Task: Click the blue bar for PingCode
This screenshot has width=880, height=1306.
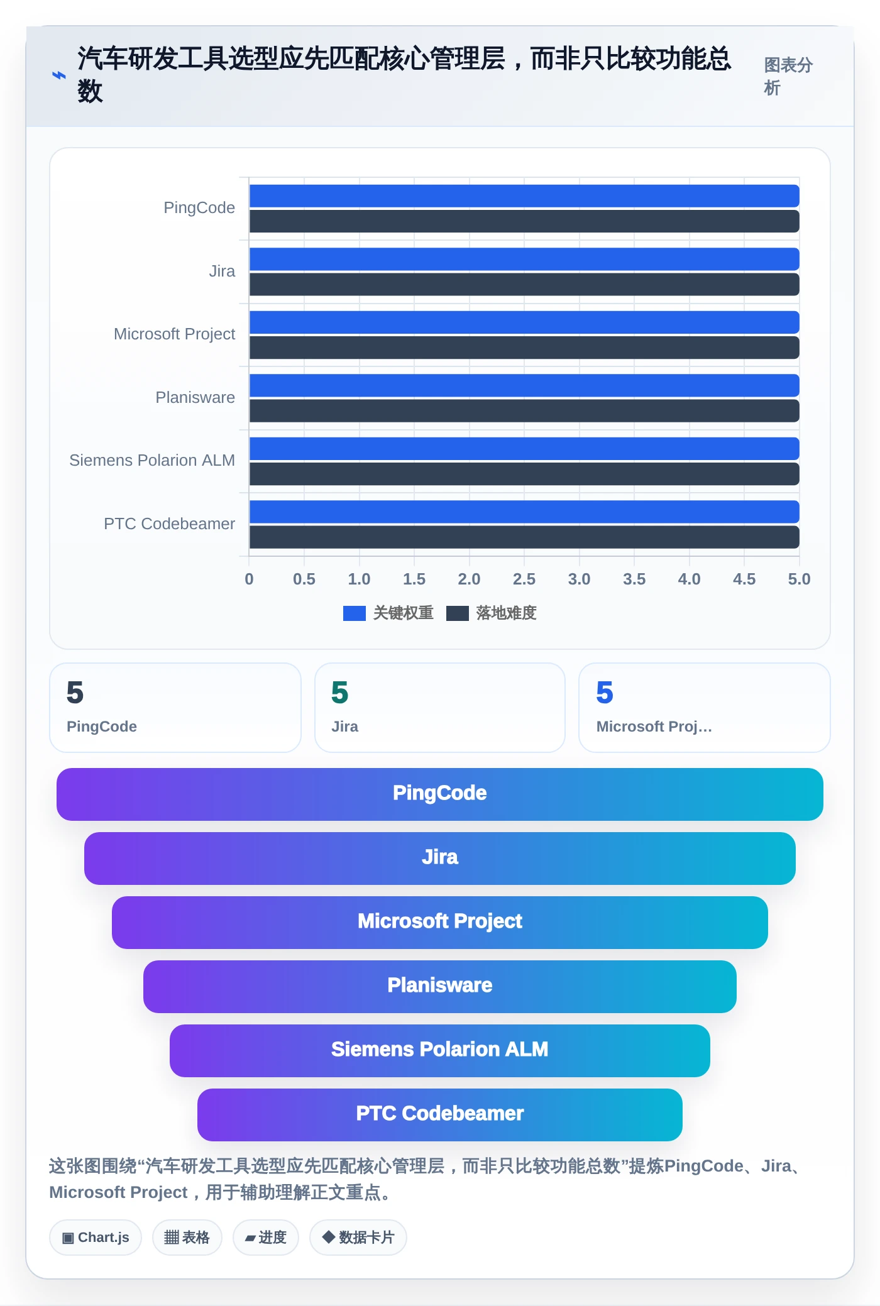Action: click(524, 196)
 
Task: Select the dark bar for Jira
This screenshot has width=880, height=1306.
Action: click(524, 284)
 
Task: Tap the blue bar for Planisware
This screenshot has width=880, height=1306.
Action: click(524, 385)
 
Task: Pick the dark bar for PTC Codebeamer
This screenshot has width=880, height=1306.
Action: click(524, 537)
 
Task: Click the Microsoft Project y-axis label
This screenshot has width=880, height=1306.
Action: click(174, 334)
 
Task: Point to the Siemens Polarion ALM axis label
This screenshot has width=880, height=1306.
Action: click(152, 461)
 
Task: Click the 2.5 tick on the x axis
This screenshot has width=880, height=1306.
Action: click(524, 579)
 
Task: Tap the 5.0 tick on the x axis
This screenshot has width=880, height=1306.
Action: click(799, 579)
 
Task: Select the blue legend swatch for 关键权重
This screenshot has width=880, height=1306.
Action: click(355, 613)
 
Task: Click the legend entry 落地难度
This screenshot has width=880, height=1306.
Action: click(492, 613)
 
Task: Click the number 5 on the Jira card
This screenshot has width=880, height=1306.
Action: click(340, 693)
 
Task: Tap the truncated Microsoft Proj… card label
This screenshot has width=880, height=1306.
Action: click(654, 727)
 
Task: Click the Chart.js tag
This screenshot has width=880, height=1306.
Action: click(96, 1237)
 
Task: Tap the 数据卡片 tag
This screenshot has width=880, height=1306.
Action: click(358, 1237)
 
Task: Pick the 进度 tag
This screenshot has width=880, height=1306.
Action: click(266, 1237)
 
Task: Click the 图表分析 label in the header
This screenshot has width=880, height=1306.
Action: click(788, 77)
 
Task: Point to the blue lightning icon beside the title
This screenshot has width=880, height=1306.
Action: click(59, 75)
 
